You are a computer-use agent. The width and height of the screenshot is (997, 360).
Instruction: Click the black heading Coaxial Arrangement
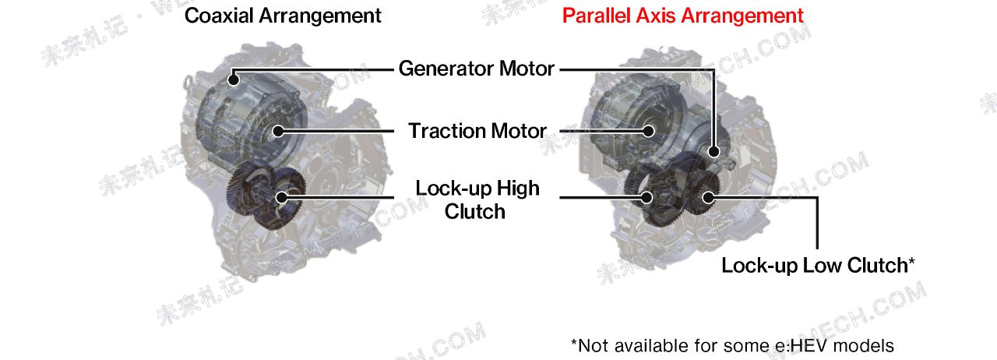[x=283, y=16]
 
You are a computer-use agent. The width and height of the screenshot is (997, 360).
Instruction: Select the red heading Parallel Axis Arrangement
[x=683, y=16]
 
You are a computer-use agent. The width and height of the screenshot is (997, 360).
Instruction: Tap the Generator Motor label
[x=476, y=69]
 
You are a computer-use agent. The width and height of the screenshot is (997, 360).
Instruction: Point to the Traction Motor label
[x=477, y=131]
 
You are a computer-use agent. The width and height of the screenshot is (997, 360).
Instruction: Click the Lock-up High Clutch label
[x=477, y=199]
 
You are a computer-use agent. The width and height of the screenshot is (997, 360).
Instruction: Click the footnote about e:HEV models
[x=732, y=345]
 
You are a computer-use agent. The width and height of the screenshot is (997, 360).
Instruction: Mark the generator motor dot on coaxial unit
[x=233, y=79]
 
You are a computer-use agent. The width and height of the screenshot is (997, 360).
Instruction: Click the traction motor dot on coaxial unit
[x=278, y=131]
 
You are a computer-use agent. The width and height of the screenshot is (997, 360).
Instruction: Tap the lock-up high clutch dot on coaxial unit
[x=281, y=197]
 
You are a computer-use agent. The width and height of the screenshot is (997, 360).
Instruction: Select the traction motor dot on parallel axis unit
[x=649, y=131]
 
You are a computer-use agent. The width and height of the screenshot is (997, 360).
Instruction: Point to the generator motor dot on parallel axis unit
[x=713, y=151]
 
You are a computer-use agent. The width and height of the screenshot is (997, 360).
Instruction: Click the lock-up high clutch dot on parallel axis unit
[x=646, y=197]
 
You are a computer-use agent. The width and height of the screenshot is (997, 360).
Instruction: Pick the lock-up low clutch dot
[x=708, y=197]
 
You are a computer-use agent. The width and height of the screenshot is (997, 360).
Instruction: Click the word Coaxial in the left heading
[x=219, y=16]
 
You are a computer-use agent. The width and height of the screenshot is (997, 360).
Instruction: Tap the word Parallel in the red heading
[x=597, y=16]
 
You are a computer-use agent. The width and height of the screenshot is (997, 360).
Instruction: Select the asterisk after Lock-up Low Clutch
[x=911, y=260]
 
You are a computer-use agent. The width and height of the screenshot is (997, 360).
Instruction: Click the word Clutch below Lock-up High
[x=475, y=211]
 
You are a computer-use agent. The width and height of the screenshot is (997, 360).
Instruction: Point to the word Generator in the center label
[x=446, y=69]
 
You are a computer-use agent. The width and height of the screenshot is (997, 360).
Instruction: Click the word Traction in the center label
[x=446, y=131]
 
